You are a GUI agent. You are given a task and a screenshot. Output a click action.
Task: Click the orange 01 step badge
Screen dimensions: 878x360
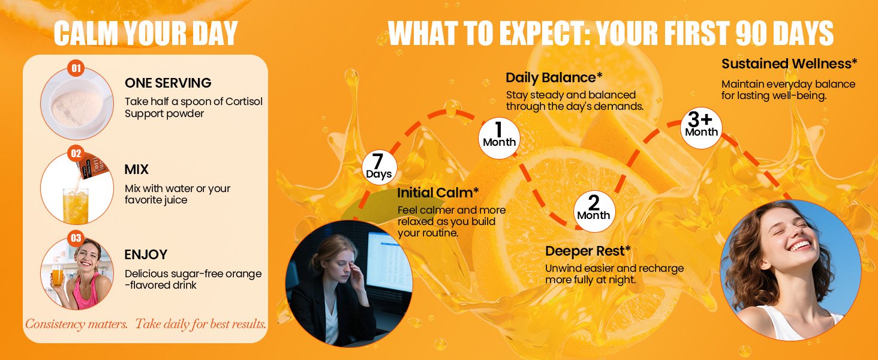click(76, 68)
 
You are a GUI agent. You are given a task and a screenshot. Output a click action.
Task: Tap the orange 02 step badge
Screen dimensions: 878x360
click(76, 154)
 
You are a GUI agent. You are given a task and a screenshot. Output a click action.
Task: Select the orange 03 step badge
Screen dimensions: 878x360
click(76, 238)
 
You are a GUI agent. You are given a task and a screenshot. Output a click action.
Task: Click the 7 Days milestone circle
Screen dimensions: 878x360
click(379, 168)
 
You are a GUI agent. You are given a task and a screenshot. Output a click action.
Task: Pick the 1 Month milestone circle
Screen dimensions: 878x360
click(499, 138)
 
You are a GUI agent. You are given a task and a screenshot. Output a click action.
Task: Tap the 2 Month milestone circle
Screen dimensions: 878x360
click(594, 211)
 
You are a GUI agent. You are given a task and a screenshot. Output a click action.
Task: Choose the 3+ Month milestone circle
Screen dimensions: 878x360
click(701, 128)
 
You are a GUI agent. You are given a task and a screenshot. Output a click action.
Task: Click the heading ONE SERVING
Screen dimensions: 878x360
click(168, 83)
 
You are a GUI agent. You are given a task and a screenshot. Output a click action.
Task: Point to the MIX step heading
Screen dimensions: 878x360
click(136, 169)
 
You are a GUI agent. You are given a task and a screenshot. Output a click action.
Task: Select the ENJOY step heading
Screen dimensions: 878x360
click(146, 254)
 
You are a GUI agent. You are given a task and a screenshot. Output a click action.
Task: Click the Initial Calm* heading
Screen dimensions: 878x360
click(438, 193)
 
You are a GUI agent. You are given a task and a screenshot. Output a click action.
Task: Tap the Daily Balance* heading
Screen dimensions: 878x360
click(554, 77)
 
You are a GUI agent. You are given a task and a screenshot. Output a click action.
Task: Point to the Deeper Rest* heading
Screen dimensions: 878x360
click(588, 251)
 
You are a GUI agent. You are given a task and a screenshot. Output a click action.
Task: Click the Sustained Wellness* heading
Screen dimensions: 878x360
click(789, 64)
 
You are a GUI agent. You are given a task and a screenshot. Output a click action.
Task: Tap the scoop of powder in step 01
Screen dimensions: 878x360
click(77, 107)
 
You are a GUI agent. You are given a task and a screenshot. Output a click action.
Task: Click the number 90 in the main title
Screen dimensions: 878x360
click(751, 33)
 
